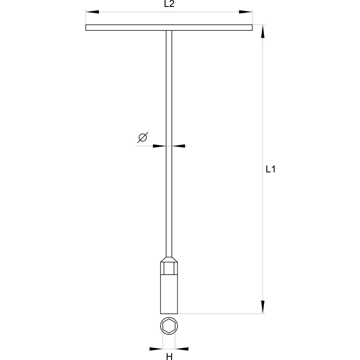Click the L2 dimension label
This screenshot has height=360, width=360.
[x=169, y=4]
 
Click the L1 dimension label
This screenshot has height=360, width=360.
[x=271, y=169]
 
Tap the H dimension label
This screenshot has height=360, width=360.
[x=169, y=356]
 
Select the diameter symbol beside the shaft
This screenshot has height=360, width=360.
[x=143, y=138]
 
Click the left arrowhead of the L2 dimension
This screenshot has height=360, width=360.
[x=92, y=12]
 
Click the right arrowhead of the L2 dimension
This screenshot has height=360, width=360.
[x=245, y=12]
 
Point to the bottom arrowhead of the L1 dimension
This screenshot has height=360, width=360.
[x=263, y=307]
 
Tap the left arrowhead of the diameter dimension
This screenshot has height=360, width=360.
[x=159, y=146]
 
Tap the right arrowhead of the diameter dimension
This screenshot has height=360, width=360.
[x=178, y=146]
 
